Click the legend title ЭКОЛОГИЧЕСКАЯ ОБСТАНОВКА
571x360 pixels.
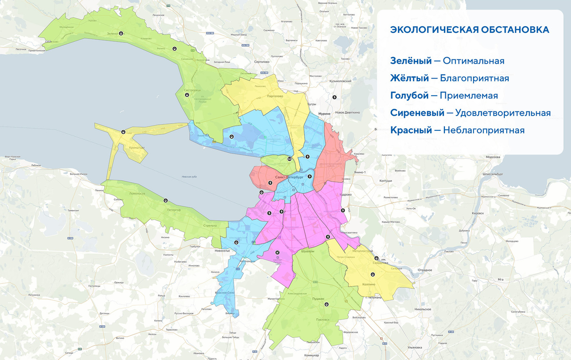tap(469, 30)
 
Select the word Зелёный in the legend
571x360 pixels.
tap(411, 61)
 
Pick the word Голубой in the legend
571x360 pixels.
tap(409, 96)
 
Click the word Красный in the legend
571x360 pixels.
tap(411, 130)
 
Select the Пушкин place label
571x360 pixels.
tap(318, 299)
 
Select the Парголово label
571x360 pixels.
tap(275, 96)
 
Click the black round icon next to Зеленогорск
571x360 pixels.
tap(121, 34)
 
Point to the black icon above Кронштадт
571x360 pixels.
tap(123, 132)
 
